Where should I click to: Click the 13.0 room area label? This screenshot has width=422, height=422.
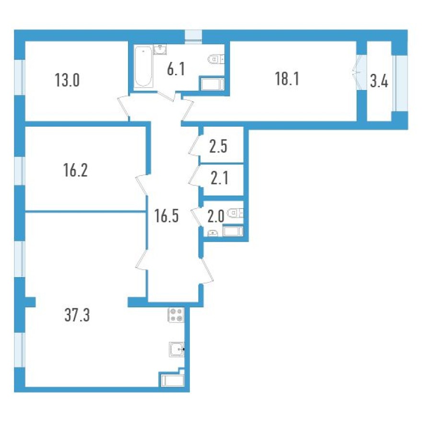(x=67, y=80)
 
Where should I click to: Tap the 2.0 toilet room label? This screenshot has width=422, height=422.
(x=216, y=216)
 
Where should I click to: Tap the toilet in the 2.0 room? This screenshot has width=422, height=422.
(x=236, y=213)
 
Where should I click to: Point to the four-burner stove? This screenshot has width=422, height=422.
(x=176, y=315)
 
